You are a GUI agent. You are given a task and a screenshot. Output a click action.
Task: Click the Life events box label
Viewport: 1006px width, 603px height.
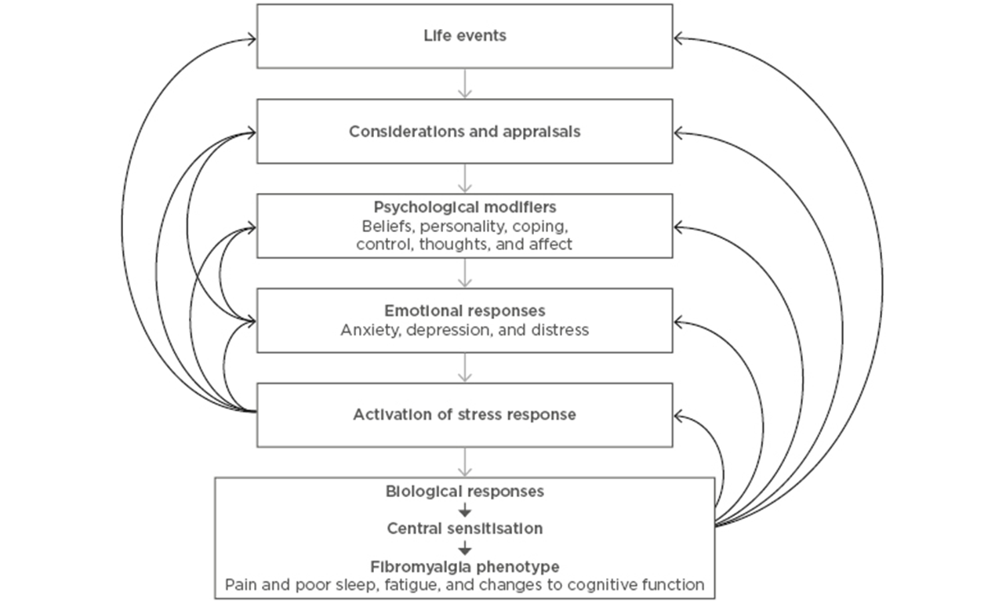pos(465,36)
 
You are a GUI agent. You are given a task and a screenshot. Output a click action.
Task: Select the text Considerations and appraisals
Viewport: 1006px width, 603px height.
pos(465,132)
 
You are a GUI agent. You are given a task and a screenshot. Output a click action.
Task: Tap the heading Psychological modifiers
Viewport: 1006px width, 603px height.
pos(465,208)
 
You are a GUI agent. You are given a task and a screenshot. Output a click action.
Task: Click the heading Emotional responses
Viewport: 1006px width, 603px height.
pos(465,311)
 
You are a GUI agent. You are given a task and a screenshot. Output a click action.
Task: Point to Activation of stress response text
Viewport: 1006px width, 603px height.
pos(465,415)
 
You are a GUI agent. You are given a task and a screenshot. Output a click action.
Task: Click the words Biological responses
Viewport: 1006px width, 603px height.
pos(465,492)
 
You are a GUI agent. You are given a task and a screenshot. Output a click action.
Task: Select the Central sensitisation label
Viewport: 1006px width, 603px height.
pos(465,529)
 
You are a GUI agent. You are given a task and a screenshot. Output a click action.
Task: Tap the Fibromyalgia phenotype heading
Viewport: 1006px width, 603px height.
pos(465,566)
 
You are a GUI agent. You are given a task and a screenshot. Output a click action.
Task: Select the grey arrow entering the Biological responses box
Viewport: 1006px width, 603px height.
pos(465,462)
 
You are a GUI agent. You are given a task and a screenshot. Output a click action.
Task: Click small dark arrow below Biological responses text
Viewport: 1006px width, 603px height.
pos(465,510)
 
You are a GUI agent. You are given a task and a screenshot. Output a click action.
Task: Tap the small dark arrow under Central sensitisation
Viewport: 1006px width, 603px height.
pos(465,547)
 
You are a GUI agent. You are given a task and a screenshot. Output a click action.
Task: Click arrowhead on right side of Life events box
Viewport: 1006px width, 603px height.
pos(679,37)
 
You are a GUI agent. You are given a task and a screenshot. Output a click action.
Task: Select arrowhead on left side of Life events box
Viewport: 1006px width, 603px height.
pos(251,37)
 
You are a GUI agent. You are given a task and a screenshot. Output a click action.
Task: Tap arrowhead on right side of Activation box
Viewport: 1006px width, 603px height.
pos(679,416)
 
